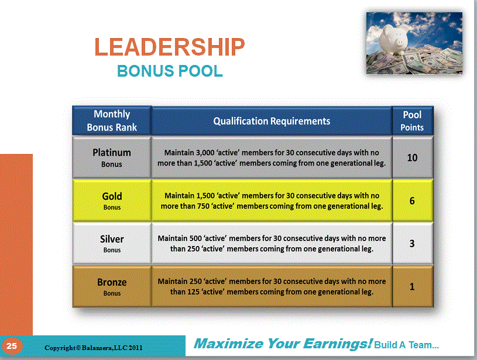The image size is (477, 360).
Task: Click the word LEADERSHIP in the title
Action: (170, 47)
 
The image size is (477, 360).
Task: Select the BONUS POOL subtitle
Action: (170, 71)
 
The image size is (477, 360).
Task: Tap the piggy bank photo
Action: (414, 43)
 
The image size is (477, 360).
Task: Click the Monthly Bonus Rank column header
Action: (112, 121)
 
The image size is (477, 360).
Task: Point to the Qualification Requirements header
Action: (272, 121)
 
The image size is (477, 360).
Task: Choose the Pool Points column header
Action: (412, 121)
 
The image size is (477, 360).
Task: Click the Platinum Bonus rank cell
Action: (112, 157)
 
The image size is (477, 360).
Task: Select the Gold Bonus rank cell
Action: (112, 200)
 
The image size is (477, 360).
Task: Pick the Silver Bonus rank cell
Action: (112, 244)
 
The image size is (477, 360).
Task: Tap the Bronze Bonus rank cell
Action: (112, 287)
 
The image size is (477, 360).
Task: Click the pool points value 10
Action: (412, 157)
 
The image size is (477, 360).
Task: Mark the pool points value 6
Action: (412, 201)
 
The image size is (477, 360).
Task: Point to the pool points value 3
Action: (412, 244)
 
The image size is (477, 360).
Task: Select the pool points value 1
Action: (412, 287)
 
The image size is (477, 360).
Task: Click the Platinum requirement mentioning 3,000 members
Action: (272, 157)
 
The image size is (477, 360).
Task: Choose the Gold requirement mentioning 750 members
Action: (272, 201)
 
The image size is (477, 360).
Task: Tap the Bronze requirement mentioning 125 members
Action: (272, 287)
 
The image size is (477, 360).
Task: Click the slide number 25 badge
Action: (12, 347)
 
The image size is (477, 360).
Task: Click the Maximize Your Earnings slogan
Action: (283, 344)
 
